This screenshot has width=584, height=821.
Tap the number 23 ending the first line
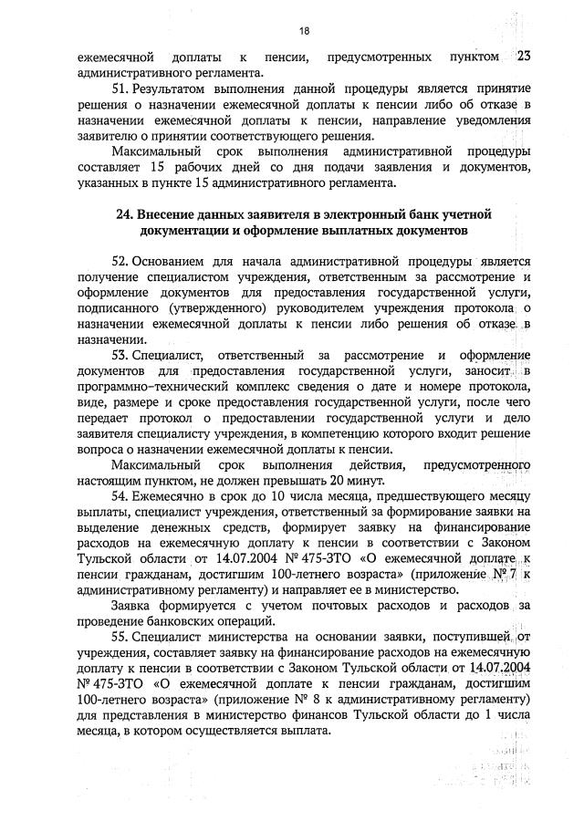(523, 57)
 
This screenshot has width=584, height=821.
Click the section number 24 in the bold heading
(125, 214)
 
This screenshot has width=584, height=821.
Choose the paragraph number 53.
(120, 356)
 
